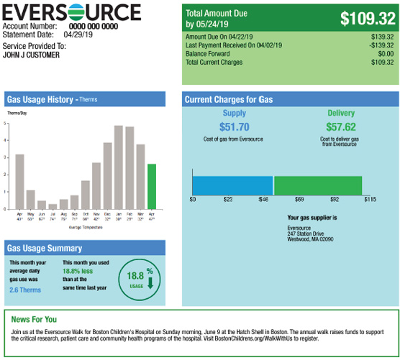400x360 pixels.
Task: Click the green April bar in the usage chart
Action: pos(151,185)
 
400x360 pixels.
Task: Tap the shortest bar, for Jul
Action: pos(53,206)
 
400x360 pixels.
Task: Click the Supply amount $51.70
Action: pos(234,126)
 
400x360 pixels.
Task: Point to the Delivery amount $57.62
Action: pos(341,126)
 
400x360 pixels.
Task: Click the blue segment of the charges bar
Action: pos(232,185)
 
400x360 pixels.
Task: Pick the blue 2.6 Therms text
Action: pos(25,290)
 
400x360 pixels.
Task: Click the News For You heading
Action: pos(34,319)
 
